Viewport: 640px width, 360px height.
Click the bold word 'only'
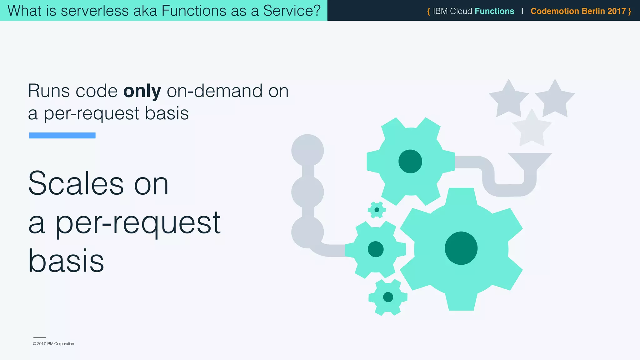point(142,91)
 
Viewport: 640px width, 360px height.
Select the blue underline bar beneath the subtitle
point(62,135)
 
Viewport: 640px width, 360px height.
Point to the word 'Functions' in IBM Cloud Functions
point(494,11)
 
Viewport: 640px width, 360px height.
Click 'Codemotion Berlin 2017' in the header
point(578,11)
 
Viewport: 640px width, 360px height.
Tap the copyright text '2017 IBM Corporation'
point(55,344)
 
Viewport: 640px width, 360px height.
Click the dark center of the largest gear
point(461,248)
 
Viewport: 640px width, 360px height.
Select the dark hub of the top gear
point(410,161)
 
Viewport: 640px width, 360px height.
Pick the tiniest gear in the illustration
point(377,210)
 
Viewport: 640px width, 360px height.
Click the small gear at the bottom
point(388,297)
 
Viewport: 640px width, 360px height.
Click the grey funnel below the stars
point(530,161)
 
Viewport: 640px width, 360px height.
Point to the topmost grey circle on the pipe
point(307,150)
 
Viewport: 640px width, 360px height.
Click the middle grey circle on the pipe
point(307,192)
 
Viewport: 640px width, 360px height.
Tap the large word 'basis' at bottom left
point(66,261)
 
